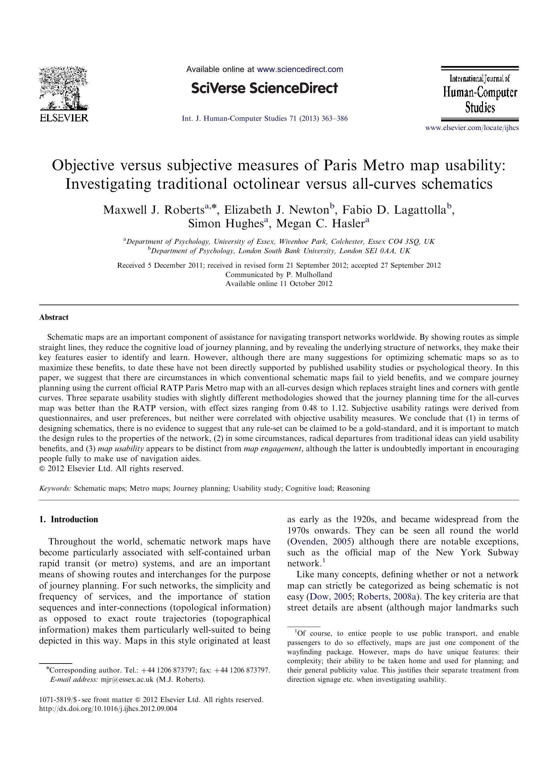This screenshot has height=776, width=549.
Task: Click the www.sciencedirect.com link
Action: [300, 70]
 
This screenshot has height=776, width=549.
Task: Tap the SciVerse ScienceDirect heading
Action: [264, 89]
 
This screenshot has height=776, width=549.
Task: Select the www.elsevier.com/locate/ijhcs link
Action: [472, 128]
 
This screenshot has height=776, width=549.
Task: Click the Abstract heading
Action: [54, 317]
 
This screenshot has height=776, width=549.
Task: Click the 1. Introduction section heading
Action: [69, 520]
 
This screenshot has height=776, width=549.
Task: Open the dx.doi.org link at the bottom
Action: [108, 709]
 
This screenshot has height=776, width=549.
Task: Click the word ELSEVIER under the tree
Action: [64, 118]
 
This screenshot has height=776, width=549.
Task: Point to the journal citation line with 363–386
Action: [264, 119]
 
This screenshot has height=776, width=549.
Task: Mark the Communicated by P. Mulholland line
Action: [279, 274]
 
